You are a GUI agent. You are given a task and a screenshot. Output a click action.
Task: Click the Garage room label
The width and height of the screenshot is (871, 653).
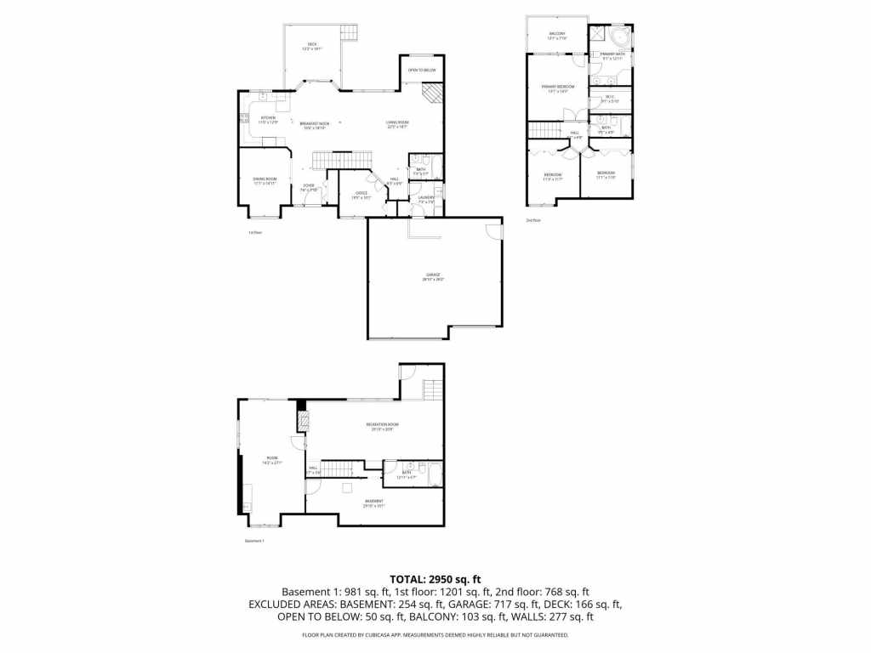coord(433,276)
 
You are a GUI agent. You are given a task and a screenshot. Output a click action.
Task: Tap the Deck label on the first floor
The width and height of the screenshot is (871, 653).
coord(311,47)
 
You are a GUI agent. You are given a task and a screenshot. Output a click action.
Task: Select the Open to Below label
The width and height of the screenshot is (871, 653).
coord(422,70)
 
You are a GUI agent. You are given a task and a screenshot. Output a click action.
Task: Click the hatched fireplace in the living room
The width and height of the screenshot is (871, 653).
coord(434,93)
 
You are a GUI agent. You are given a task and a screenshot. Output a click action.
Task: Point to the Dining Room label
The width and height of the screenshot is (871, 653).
coord(265,180)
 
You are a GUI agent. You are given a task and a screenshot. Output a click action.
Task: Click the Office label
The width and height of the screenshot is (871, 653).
coord(361,194)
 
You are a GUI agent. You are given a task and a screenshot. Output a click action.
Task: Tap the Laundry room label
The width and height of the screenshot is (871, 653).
coord(426,199)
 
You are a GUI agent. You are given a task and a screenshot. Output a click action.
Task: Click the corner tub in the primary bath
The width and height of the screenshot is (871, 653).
coord(621,37)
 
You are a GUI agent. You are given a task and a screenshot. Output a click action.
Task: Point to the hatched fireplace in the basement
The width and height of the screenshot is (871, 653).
coord(302,418)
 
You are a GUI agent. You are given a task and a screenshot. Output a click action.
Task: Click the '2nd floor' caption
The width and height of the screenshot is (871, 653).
coord(533,220)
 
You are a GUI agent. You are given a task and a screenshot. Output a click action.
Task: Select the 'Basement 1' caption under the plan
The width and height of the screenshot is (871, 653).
coord(254,541)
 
